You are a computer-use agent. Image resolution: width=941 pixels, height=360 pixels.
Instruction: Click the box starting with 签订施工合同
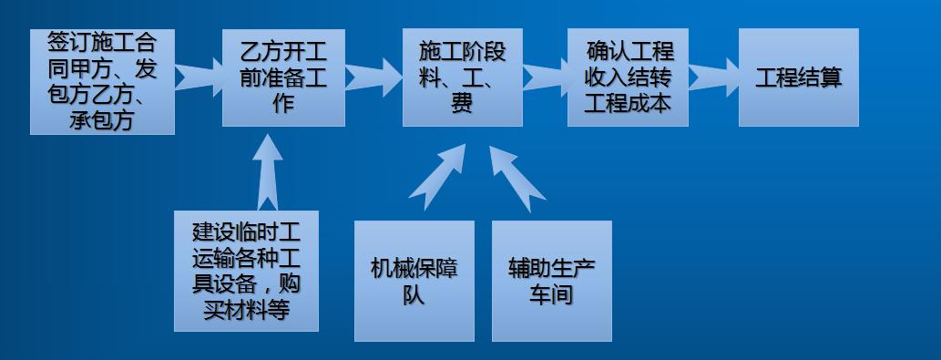pos(102,81)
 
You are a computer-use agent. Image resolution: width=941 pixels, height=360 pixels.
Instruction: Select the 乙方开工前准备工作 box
pos(283,77)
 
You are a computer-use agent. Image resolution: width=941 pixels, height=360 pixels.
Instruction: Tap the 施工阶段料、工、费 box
pos(462,77)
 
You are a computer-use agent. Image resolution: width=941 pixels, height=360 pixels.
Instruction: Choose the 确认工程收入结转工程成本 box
pos(628,77)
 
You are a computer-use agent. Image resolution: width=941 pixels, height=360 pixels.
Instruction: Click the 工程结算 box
pos(798,77)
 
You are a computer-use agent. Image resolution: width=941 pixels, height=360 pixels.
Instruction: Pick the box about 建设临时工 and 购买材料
pos(246,270)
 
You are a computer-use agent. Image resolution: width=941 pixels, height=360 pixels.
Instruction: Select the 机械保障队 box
pos(414,280)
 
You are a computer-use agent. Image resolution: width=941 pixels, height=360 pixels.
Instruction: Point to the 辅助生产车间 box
pos(551,280)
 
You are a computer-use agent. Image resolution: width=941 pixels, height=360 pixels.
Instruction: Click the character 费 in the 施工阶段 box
pos(462,103)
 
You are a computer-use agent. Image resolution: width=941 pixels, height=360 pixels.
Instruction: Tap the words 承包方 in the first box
pos(102,118)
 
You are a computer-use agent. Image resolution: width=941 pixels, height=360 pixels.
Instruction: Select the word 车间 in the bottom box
pos(551,294)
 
